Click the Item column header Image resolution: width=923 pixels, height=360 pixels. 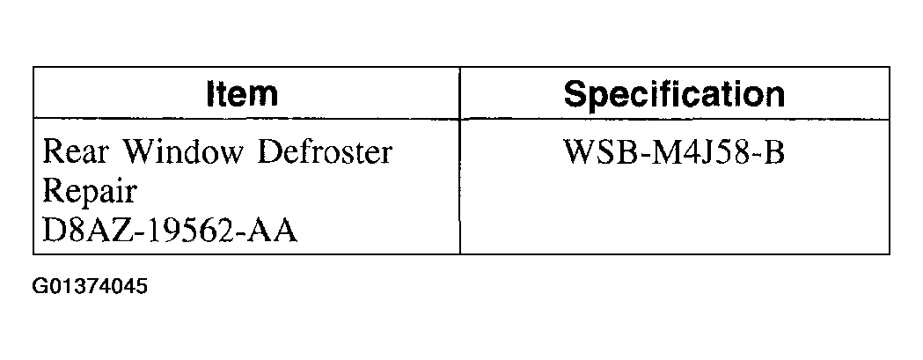243,93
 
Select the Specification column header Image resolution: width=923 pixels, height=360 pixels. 674,94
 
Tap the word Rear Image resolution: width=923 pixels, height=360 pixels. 76,152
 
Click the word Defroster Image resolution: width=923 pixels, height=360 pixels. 325,152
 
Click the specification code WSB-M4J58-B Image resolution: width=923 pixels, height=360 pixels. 674,152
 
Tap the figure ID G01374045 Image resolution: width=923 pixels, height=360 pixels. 90,287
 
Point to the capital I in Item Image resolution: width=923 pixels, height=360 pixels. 211,94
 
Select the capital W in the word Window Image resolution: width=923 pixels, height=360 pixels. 139,152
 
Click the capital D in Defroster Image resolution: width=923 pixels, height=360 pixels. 270,152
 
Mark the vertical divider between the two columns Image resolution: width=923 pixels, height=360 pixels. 459,160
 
